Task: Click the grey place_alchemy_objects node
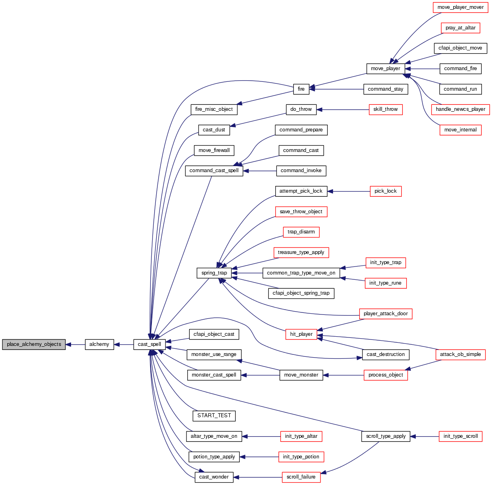pyautogui.click(x=34, y=344)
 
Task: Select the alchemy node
pyautogui.click(x=99, y=344)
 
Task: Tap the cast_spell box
pyautogui.click(x=149, y=344)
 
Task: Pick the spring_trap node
pyautogui.click(x=214, y=273)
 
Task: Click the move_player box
pyautogui.click(x=385, y=69)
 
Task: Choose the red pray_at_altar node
pyautogui.click(x=461, y=28)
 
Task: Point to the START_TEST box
pyautogui.click(x=214, y=416)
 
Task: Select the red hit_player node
pyautogui.click(x=301, y=334)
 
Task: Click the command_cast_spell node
pyautogui.click(x=214, y=171)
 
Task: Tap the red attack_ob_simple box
pyautogui.click(x=461, y=354)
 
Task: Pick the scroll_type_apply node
pyautogui.click(x=386, y=436)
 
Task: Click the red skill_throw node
pyautogui.click(x=385, y=109)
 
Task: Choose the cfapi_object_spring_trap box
pyautogui.click(x=301, y=293)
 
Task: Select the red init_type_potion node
pyautogui.click(x=301, y=457)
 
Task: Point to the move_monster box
pyautogui.click(x=301, y=375)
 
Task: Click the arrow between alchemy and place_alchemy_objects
pyautogui.click(x=75, y=345)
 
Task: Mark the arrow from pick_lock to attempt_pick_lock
pyautogui.click(x=348, y=191)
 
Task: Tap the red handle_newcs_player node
pyautogui.click(x=461, y=109)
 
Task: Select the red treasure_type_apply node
pyautogui.click(x=301, y=252)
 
